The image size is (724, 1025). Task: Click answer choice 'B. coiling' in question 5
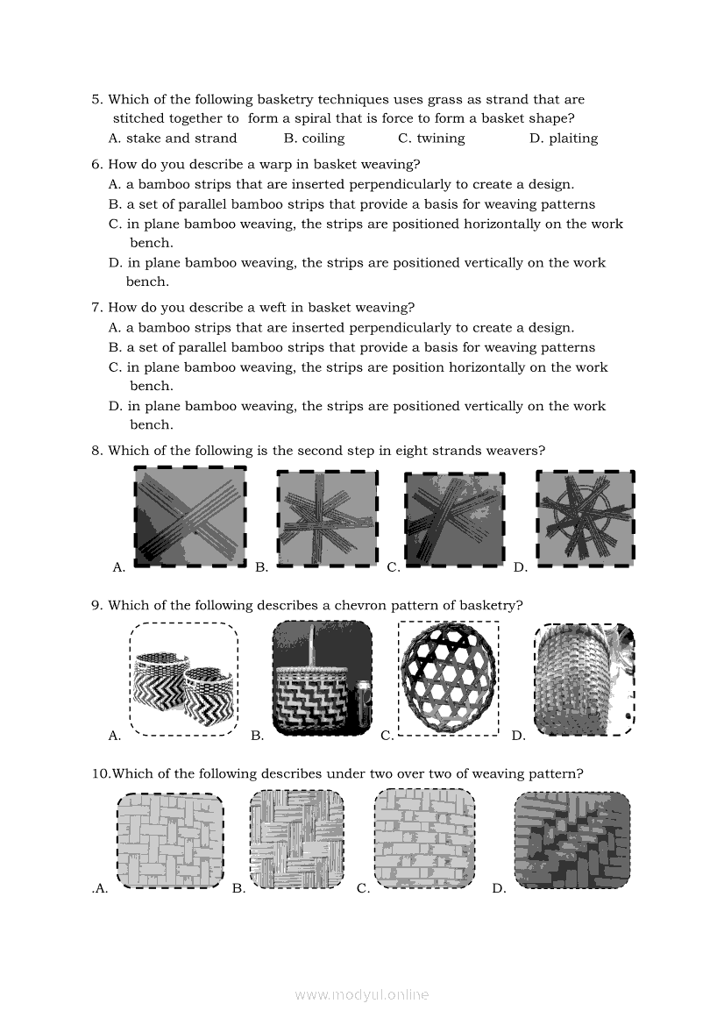point(314,139)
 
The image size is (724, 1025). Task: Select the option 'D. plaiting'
point(564,139)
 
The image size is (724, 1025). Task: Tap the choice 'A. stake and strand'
point(173,139)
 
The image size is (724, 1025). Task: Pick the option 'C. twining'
point(431,139)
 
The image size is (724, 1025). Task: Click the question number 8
point(96,451)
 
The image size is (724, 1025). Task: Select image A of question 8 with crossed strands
point(190,516)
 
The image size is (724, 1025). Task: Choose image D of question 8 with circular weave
point(586,517)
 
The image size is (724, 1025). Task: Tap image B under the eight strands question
point(327,518)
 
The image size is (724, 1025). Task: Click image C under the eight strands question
point(455,518)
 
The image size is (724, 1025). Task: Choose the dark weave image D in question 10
point(571,840)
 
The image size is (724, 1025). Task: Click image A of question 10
point(170,841)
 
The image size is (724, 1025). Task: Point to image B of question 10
point(296,840)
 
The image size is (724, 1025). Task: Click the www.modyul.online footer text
point(362,995)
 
